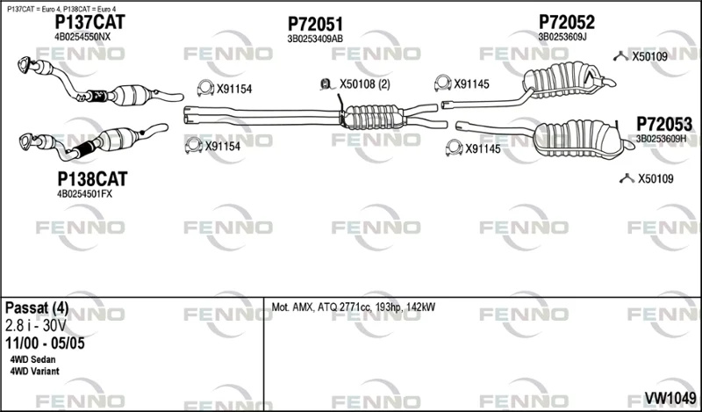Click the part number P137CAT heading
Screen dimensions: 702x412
(90, 22)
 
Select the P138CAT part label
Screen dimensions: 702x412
(92, 179)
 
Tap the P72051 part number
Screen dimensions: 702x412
(315, 25)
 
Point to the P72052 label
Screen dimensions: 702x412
(567, 22)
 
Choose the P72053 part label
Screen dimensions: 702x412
(664, 124)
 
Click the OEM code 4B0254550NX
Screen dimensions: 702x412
(82, 37)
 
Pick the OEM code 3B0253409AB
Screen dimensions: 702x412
(315, 39)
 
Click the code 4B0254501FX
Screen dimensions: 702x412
(84, 194)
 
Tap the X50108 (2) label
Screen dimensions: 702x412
(364, 84)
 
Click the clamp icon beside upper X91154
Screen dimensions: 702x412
(205, 88)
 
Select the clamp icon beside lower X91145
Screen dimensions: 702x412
(454, 148)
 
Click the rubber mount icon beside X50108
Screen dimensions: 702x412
(326, 83)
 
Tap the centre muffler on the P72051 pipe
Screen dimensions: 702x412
(372, 118)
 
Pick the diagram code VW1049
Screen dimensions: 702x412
(670, 397)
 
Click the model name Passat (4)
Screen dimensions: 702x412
(37, 308)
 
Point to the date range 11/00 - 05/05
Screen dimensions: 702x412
(45, 343)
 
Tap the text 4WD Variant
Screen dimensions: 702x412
(34, 372)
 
